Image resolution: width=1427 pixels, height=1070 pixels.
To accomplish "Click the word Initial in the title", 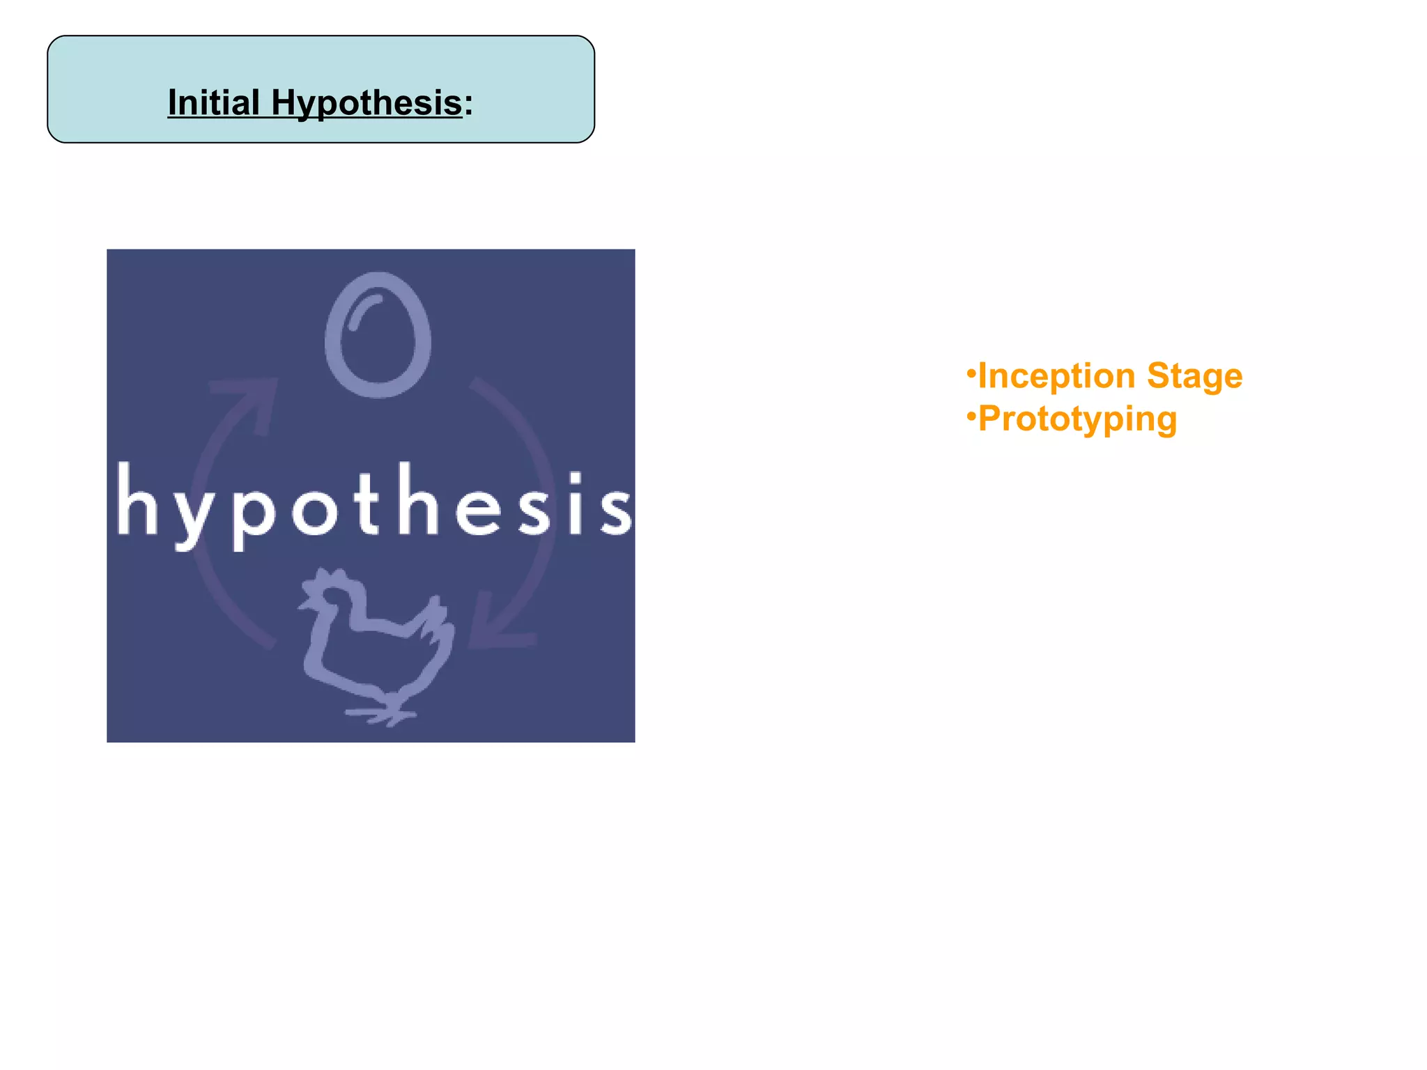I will coord(213,103).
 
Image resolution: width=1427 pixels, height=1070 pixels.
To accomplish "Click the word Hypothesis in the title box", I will coord(367,103).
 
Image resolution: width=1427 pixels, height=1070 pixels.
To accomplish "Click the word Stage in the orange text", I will coord(1194,376).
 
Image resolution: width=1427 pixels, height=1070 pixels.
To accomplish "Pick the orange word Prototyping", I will coord(1077,419).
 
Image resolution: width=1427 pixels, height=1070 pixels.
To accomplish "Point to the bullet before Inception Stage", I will coord(971,373).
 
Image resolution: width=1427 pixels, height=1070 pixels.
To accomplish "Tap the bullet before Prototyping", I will coord(971,417).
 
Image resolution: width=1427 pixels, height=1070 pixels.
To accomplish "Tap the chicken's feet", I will coord(382,713).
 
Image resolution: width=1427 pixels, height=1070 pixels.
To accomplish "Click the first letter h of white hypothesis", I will coord(137,500).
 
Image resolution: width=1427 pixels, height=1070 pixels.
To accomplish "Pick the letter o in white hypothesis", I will coord(314,512).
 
